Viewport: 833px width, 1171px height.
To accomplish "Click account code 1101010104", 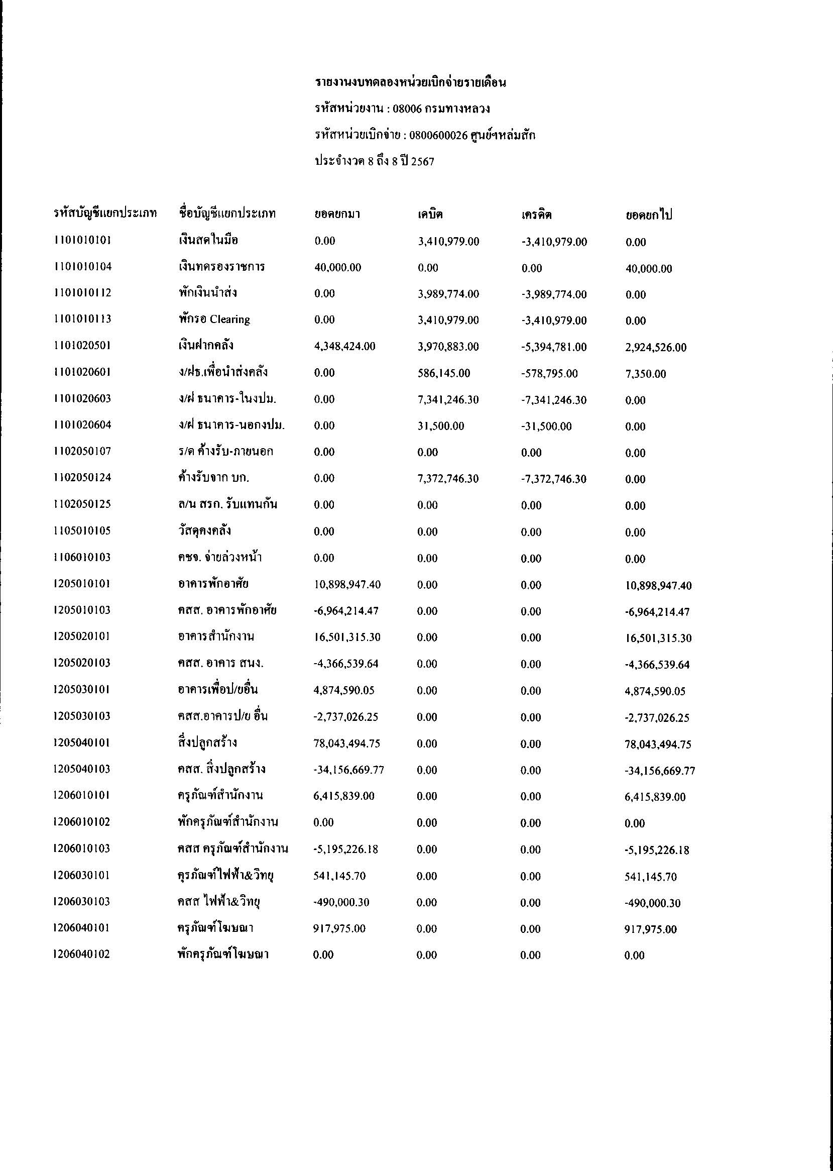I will tap(82, 266).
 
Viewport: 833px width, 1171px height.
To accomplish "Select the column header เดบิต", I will tap(430, 214).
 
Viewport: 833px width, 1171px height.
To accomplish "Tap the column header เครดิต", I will tap(536, 215).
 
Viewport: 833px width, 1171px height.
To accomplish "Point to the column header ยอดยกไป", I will tap(648, 215).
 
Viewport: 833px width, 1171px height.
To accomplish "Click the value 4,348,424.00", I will tap(344, 346).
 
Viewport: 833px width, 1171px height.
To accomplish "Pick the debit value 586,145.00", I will tap(444, 373).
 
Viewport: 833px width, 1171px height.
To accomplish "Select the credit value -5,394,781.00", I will tap(554, 347).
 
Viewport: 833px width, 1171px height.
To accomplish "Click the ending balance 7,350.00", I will tap(645, 374).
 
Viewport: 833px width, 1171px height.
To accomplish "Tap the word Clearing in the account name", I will tap(230, 320).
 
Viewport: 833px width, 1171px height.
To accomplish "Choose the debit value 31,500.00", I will tap(441, 426).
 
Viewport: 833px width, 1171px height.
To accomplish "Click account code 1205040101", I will tap(81, 742).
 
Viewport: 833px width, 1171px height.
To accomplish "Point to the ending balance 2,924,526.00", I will tap(656, 348).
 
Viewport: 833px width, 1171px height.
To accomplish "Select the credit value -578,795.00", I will tap(549, 373).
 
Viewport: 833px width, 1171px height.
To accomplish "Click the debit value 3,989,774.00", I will tap(448, 294).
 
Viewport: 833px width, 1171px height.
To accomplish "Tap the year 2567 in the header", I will tap(423, 162).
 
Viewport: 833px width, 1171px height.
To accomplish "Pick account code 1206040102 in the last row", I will tap(81, 954).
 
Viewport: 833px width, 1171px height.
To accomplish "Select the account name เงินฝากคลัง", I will tap(203, 345).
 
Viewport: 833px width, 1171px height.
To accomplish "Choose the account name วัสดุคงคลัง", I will tap(201, 530).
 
